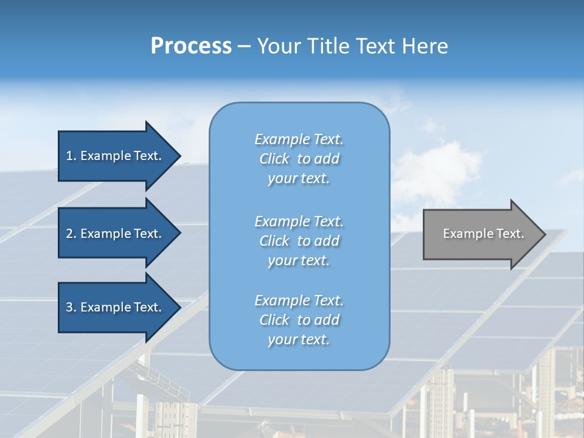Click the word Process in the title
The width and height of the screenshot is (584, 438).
pyautogui.click(x=191, y=46)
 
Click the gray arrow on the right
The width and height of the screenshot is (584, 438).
pyautogui.click(x=481, y=234)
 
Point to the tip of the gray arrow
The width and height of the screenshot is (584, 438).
pyautogui.click(x=544, y=234)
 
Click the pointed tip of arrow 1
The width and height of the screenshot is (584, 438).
pyautogui.click(x=179, y=156)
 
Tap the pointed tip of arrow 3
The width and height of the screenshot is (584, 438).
pyautogui.click(x=179, y=307)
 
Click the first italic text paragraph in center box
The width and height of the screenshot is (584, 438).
pyautogui.click(x=299, y=159)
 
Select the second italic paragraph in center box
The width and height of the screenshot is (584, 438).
pyautogui.click(x=299, y=241)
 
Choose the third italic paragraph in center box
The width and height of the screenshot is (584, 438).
pyautogui.click(x=299, y=320)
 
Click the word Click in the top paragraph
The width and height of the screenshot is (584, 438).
pyautogui.click(x=274, y=159)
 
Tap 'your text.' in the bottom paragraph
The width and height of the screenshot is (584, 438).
pyautogui.click(x=299, y=339)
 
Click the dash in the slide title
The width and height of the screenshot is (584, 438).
pyautogui.click(x=245, y=46)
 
